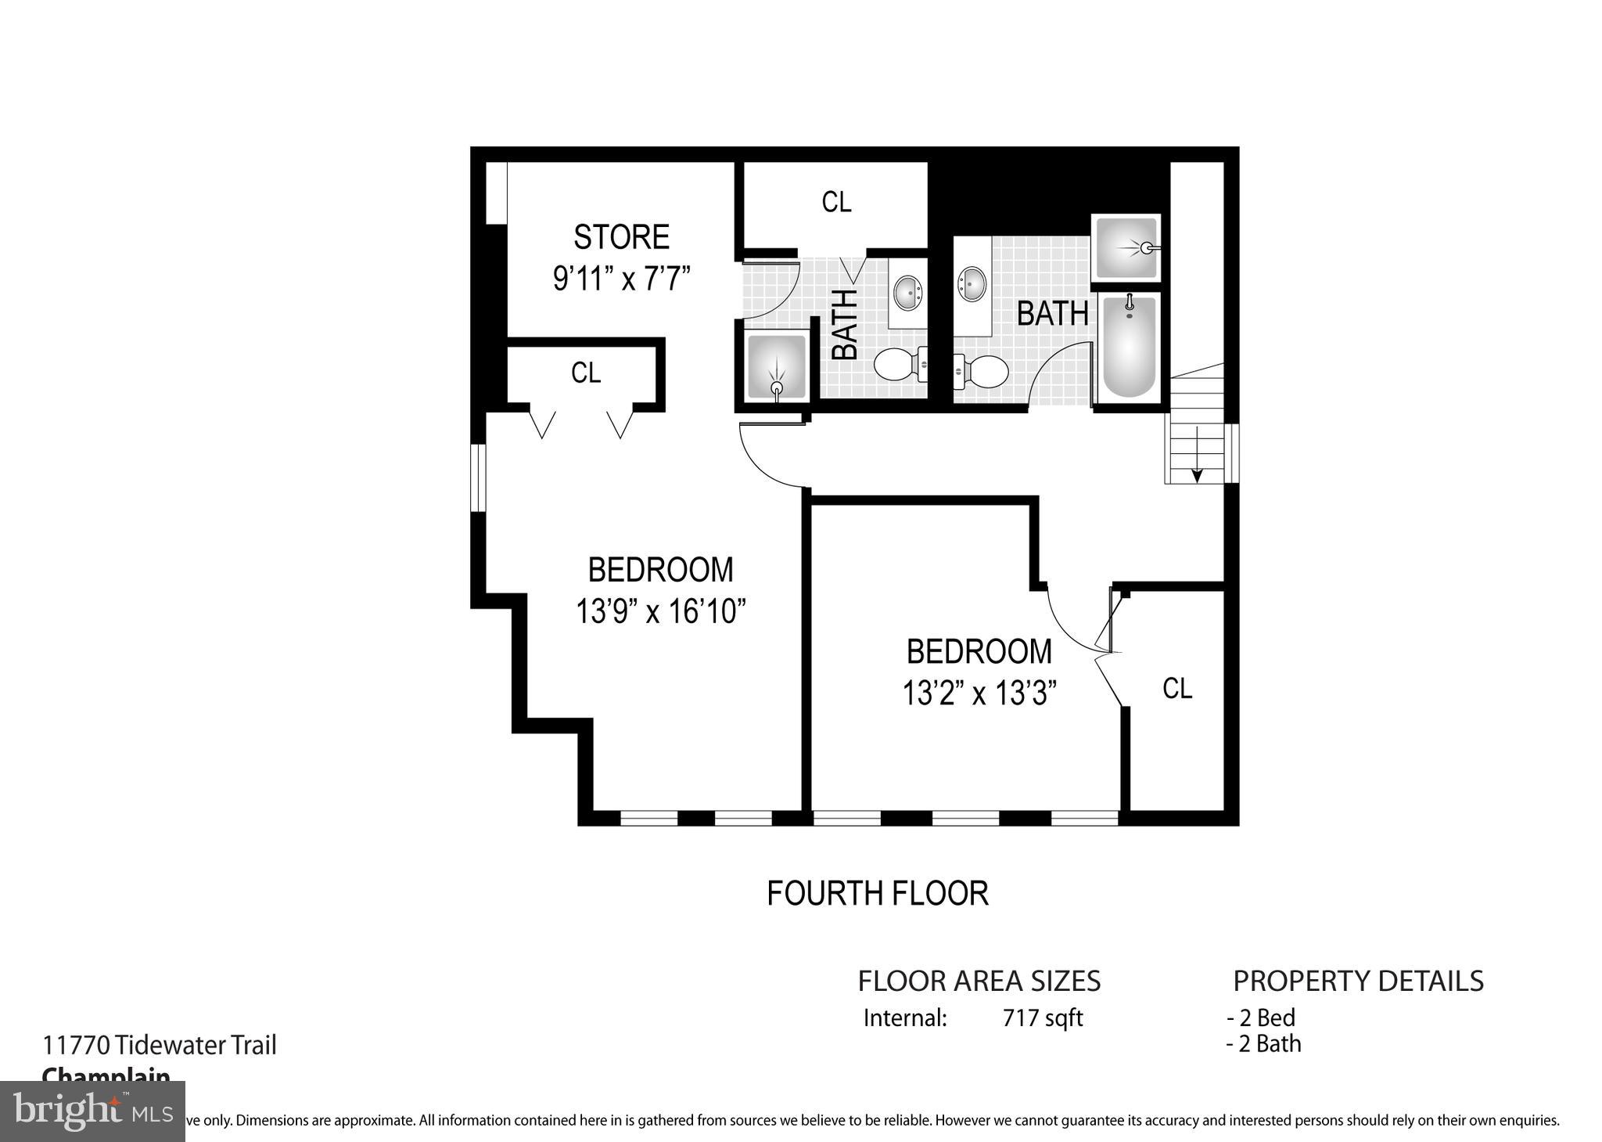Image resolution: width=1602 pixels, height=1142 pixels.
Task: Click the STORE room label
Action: [621, 236]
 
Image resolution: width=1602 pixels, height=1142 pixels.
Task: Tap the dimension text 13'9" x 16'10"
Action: [660, 611]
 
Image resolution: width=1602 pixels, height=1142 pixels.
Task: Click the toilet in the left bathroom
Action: [898, 365]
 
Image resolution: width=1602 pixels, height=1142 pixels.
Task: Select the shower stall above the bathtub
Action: [1126, 247]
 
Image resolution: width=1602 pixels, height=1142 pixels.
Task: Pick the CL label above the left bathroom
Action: [836, 202]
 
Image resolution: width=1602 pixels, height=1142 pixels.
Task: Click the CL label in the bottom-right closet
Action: [1177, 688]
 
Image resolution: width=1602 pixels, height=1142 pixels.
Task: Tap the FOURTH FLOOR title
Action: [877, 893]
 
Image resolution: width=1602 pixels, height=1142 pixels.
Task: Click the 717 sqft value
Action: [1042, 1018]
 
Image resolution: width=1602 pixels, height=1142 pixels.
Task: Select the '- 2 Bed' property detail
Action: [1260, 1018]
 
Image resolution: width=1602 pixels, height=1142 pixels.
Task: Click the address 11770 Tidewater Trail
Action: [159, 1045]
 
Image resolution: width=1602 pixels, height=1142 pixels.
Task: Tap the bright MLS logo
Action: [92, 1111]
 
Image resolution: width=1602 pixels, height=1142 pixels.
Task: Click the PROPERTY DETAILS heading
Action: [1358, 981]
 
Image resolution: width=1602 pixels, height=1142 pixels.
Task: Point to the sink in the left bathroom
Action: [908, 291]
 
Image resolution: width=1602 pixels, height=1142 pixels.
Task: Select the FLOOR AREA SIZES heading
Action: [979, 981]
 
